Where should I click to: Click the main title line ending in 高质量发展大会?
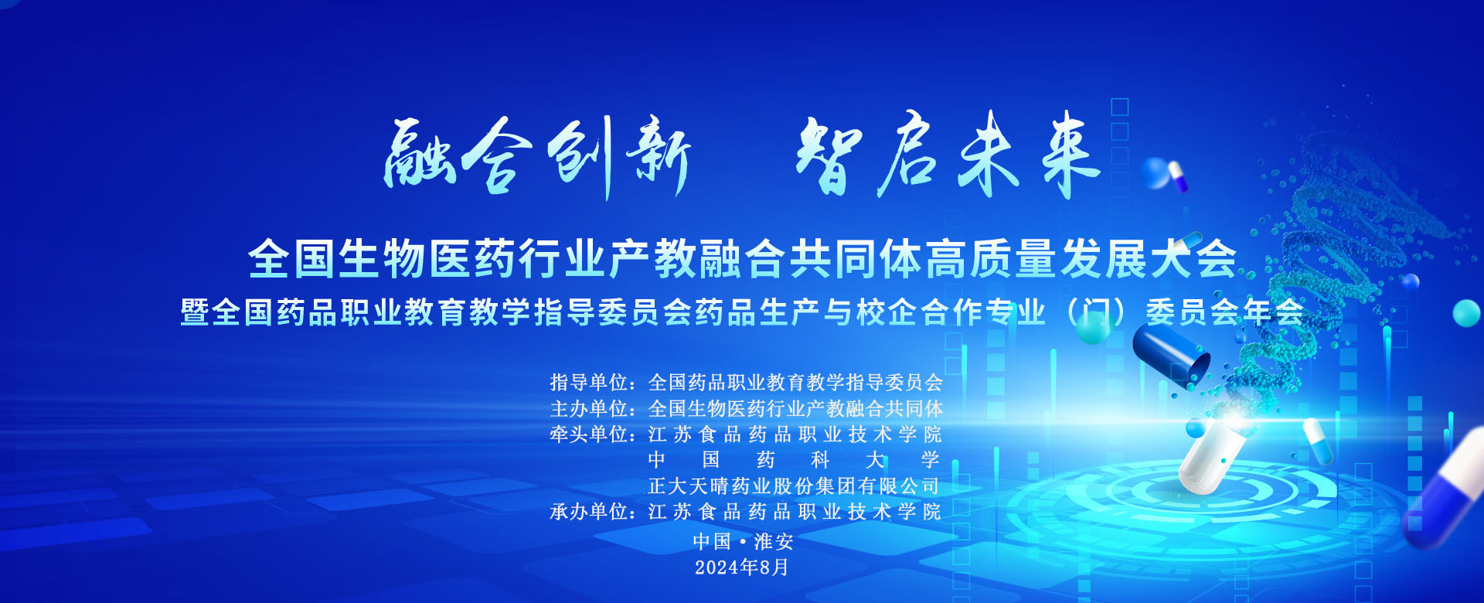coord(743,258)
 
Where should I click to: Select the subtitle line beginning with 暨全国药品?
coord(743,312)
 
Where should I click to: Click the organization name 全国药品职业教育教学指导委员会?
coord(795,382)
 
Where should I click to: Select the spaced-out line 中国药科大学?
coord(795,460)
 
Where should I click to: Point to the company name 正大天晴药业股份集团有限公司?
coord(795,486)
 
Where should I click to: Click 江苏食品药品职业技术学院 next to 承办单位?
coord(795,512)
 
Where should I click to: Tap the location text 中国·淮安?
coord(743,541)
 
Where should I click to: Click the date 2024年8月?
coord(742,567)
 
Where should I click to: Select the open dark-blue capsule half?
coord(1171,354)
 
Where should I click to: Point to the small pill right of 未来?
coord(1178,177)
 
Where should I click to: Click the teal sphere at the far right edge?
coord(1466,313)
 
